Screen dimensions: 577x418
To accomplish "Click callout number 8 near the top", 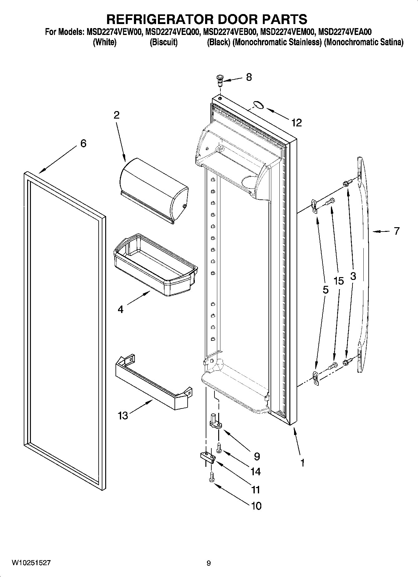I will [249, 77].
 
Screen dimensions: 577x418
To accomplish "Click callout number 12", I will [297, 123].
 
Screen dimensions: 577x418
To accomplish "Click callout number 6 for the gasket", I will [83, 144].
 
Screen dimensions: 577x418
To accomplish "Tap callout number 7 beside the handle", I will [396, 231].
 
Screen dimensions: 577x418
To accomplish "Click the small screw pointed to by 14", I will [219, 448].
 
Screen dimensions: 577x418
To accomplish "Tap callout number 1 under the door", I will [302, 463].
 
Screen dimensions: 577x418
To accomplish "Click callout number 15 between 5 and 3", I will [338, 281].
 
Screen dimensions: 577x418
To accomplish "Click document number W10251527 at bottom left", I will [31, 563].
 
